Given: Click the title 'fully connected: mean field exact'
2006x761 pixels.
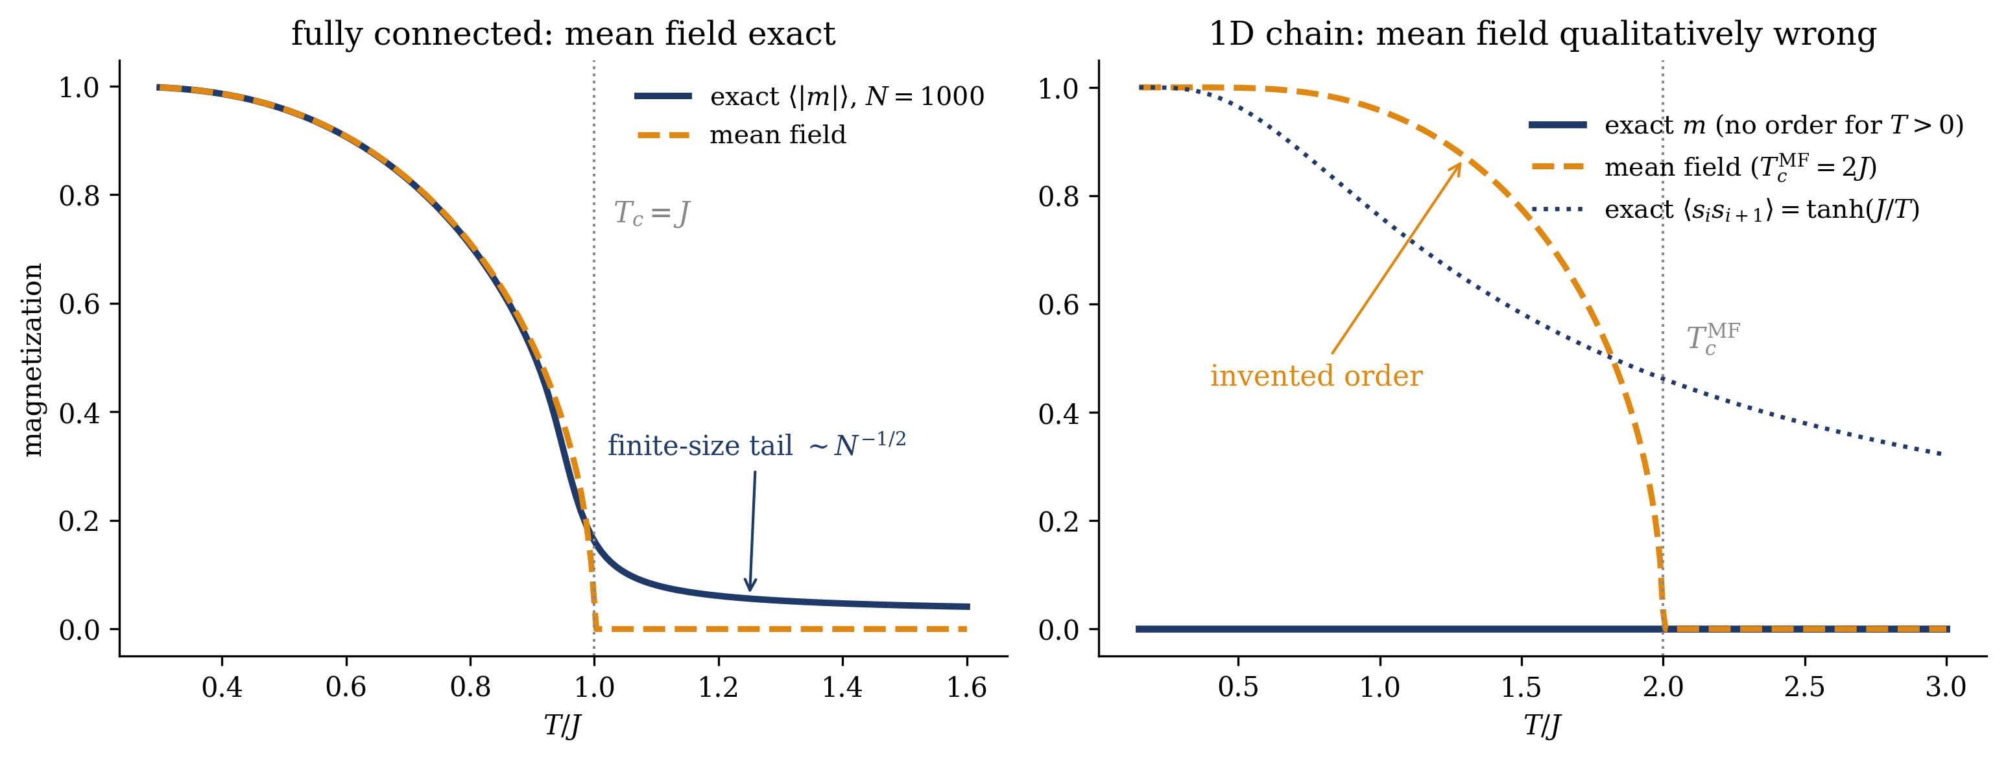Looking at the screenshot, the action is tap(563, 34).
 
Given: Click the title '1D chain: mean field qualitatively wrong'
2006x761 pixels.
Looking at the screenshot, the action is tap(1542, 34).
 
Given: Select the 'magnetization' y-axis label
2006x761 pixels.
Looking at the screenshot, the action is tap(32, 360).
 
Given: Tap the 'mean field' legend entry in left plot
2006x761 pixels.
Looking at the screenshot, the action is tap(741, 135).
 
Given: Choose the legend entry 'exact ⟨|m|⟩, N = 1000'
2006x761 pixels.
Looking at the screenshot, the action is tap(810, 96).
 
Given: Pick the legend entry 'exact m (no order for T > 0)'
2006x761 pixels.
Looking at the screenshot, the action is tap(1746, 125).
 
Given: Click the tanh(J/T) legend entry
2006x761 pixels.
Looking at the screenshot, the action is tap(1725, 210).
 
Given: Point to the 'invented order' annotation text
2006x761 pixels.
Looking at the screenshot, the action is tap(1316, 377).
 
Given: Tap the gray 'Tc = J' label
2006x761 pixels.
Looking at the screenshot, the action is tap(652, 213).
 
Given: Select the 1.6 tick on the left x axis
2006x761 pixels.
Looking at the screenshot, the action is tap(967, 688).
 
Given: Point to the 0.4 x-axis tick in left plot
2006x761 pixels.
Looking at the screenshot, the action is tap(222, 688).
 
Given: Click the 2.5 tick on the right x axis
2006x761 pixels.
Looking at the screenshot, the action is tap(1804, 688).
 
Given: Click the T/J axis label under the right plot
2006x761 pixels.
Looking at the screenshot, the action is tap(1542, 726).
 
